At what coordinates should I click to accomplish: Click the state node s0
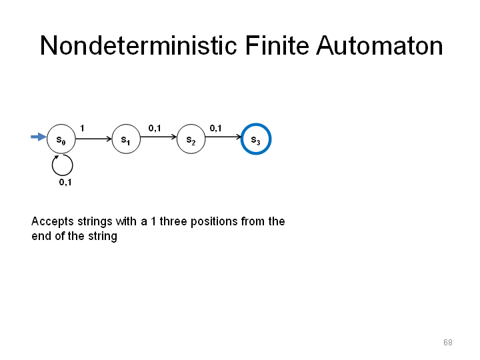coord(61,139)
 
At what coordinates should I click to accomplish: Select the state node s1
coord(126,139)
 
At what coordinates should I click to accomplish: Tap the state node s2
coord(191,139)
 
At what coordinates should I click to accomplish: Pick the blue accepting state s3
coord(256,139)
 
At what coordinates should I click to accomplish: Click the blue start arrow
coord(39,137)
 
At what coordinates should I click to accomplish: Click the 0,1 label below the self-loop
coord(65,183)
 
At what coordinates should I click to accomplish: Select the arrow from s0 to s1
coord(94,139)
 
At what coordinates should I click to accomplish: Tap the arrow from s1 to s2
coord(159,137)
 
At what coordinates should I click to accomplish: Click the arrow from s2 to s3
coord(223,137)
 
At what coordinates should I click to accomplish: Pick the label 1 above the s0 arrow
coord(82,128)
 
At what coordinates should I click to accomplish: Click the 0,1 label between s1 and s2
coord(155,128)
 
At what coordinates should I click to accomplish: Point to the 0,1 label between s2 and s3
coord(215,128)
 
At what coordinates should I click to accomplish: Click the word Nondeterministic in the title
coord(139,45)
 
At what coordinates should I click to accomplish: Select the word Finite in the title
coord(277,45)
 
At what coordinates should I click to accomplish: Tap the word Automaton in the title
coord(379,45)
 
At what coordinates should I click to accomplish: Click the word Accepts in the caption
coord(53,221)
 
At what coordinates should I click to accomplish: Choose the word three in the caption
coord(173,221)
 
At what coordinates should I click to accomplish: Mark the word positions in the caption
coord(214,221)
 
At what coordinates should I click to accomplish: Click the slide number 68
coord(448,342)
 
